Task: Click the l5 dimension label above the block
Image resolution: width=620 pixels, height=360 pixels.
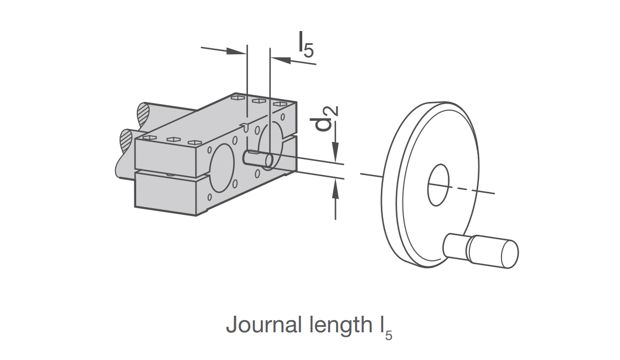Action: tap(306, 44)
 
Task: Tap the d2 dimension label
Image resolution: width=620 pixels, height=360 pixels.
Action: tap(327, 119)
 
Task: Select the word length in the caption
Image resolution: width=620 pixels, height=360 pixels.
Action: tap(338, 325)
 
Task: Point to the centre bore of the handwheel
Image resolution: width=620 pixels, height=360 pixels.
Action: tap(438, 185)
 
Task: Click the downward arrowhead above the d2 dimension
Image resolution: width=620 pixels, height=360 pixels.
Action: tap(335, 152)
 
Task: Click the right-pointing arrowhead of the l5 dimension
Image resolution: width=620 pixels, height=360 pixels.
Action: tap(236, 51)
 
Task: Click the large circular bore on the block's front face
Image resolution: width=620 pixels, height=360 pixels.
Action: tap(221, 168)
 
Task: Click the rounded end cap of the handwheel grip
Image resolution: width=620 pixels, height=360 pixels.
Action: tap(510, 254)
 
